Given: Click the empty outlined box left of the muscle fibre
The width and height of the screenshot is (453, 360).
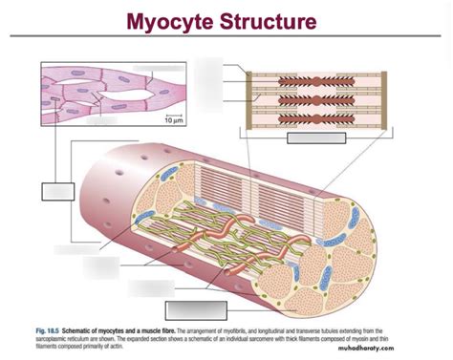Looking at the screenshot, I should (x=56, y=190).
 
